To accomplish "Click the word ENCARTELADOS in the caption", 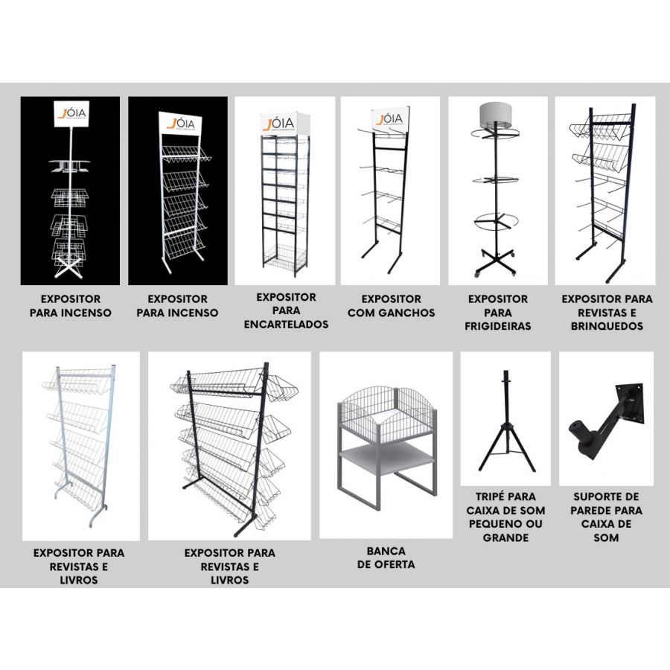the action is coord(286,325).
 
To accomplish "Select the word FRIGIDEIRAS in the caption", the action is coord(498,326).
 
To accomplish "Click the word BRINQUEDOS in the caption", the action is coord(607,326).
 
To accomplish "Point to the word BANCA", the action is coord(386,551).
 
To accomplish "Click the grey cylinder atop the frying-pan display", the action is coord(495,115).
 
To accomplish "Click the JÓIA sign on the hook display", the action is coord(390,118).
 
